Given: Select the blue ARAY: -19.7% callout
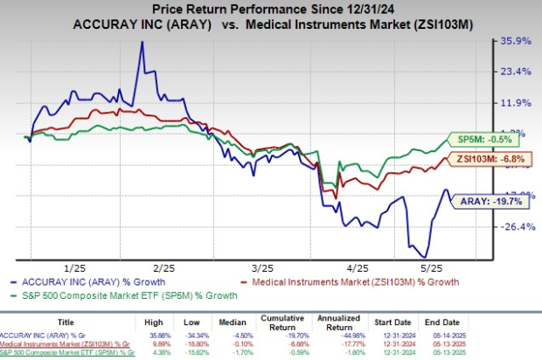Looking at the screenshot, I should (x=486, y=200).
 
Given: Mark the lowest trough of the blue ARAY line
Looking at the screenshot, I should (x=424, y=255).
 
